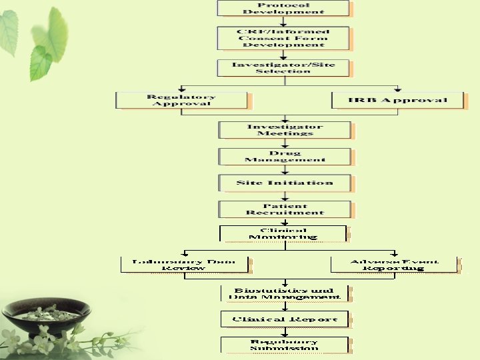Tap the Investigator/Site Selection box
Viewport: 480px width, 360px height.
coord(283,68)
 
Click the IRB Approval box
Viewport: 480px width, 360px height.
coord(397,100)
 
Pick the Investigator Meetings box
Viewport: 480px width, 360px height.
coord(285,129)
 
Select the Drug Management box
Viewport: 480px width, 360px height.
coord(285,156)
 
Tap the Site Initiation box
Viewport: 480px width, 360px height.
coord(285,183)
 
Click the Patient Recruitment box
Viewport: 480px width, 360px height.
coord(285,209)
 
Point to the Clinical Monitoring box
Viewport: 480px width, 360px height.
coord(283,233)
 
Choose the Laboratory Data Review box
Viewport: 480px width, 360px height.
coord(183,264)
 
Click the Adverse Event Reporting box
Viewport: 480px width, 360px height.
coord(394,264)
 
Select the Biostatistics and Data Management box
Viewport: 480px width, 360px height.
coord(285,293)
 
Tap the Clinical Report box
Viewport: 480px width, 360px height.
coord(285,319)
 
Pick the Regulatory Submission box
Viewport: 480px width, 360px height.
coord(284,345)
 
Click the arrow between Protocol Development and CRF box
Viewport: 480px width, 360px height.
coord(283,21)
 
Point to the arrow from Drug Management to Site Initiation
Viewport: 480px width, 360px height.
coord(285,170)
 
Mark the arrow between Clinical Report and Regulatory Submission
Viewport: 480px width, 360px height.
coord(285,332)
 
